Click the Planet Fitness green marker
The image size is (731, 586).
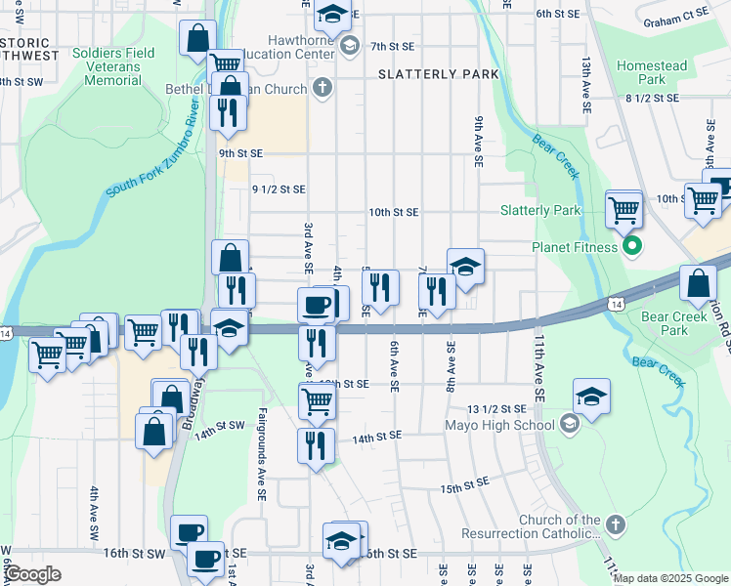point(632,247)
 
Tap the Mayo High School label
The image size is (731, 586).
point(498,425)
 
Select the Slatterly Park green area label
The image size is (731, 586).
point(540,210)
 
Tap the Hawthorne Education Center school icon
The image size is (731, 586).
point(350,44)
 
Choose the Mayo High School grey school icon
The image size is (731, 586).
point(571,425)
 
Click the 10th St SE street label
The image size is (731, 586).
point(393,212)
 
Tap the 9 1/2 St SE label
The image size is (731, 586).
point(279,189)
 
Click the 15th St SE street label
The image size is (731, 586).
point(464,485)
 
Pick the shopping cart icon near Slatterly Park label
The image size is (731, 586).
point(623,209)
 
